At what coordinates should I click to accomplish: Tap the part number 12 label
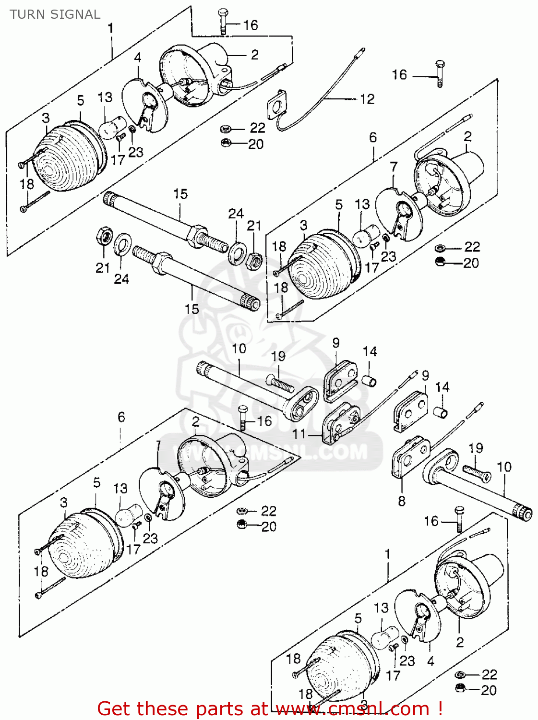click(367, 99)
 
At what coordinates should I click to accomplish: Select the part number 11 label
click(299, 434)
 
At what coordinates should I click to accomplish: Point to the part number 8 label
click(402, 501)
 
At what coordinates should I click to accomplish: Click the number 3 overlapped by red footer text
click(363, 705)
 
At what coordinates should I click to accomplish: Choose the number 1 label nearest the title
click(111, 28)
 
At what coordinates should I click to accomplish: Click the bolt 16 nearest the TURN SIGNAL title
click(224, 22)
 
